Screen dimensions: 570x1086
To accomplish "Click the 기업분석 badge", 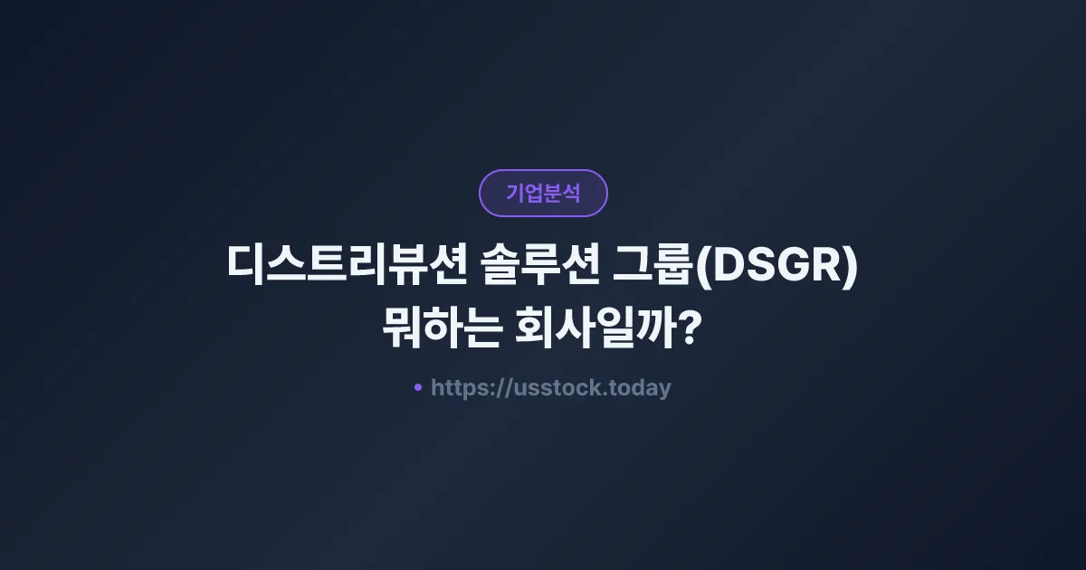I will coord(543,193).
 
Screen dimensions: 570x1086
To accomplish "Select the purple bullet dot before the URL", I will coord(418,387).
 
